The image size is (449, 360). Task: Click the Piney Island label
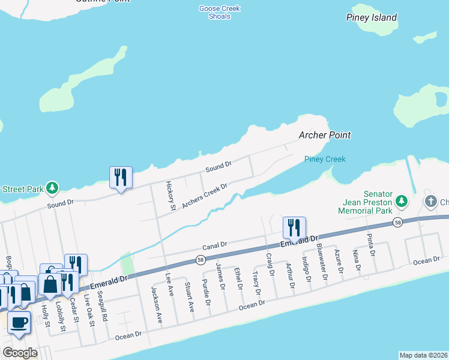click(371, 17)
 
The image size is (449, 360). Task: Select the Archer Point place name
click(325, 135)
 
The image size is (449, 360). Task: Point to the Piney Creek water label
click(325, 159)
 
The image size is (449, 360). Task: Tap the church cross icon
click(430, 201)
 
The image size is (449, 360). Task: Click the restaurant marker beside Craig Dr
click(294, 227)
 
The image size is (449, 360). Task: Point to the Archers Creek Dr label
click(205, 195)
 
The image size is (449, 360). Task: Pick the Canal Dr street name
click(215, 245)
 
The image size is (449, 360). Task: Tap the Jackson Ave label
click(157, 305)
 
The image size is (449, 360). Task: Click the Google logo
click(20, 352)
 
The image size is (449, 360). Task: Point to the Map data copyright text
click(423, 355)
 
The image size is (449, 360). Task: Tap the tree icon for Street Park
click(53, 188)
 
